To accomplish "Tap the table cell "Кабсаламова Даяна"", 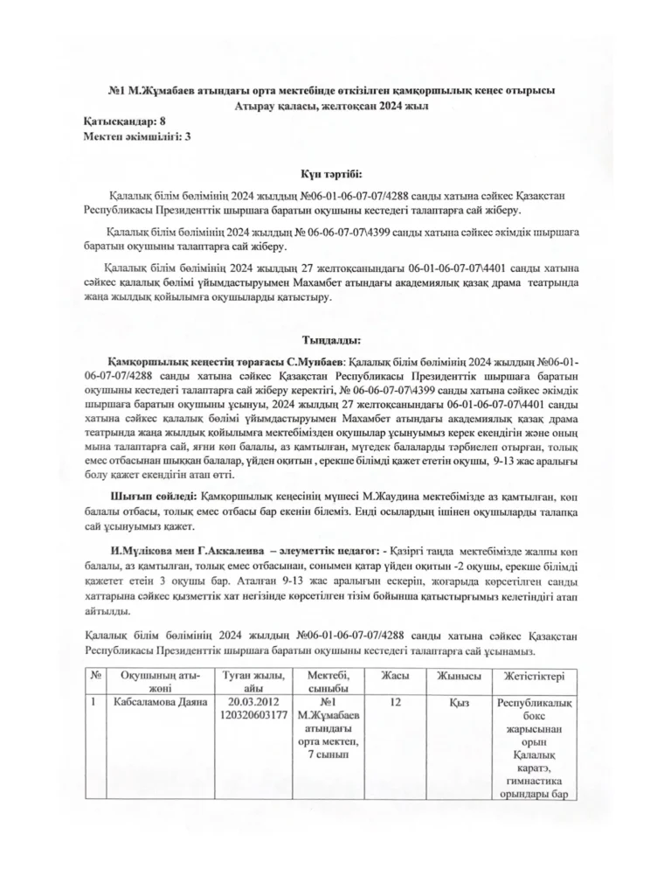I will [x=155, y=702].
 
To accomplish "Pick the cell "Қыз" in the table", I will [x=457, y=702].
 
